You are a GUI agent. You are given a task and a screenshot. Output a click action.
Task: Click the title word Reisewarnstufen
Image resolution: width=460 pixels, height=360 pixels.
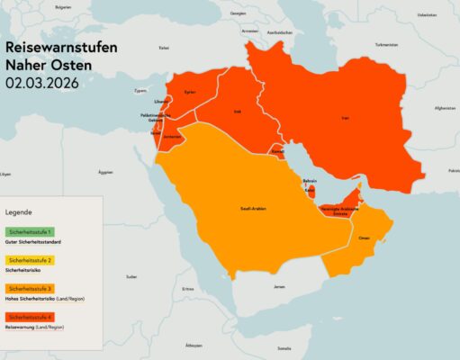59,46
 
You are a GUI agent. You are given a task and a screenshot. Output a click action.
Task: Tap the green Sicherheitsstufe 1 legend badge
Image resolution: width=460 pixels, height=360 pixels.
30,232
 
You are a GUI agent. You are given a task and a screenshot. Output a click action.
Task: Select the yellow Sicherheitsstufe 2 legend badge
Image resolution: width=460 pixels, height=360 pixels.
30,260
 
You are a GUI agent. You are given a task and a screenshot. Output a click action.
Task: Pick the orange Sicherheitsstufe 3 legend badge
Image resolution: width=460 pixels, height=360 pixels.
30,287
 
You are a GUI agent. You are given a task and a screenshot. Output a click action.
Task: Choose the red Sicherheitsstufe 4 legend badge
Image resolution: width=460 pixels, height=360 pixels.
30,316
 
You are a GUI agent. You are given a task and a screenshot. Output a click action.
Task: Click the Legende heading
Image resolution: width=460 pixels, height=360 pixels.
19,212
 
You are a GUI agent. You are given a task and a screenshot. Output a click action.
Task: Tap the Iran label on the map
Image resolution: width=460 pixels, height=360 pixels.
346,118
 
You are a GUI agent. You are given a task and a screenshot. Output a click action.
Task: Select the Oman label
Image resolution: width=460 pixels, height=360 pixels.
365,238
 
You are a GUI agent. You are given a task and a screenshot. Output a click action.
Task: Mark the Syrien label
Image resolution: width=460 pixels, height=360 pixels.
190,92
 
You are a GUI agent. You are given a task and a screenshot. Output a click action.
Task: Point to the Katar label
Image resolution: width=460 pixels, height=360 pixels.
311,191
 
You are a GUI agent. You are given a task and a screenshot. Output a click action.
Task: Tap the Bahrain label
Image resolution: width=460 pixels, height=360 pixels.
309,180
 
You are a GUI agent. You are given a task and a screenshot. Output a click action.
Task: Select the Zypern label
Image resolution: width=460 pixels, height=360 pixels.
140,90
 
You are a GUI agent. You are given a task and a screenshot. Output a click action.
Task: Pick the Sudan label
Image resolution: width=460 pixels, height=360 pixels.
132,276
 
